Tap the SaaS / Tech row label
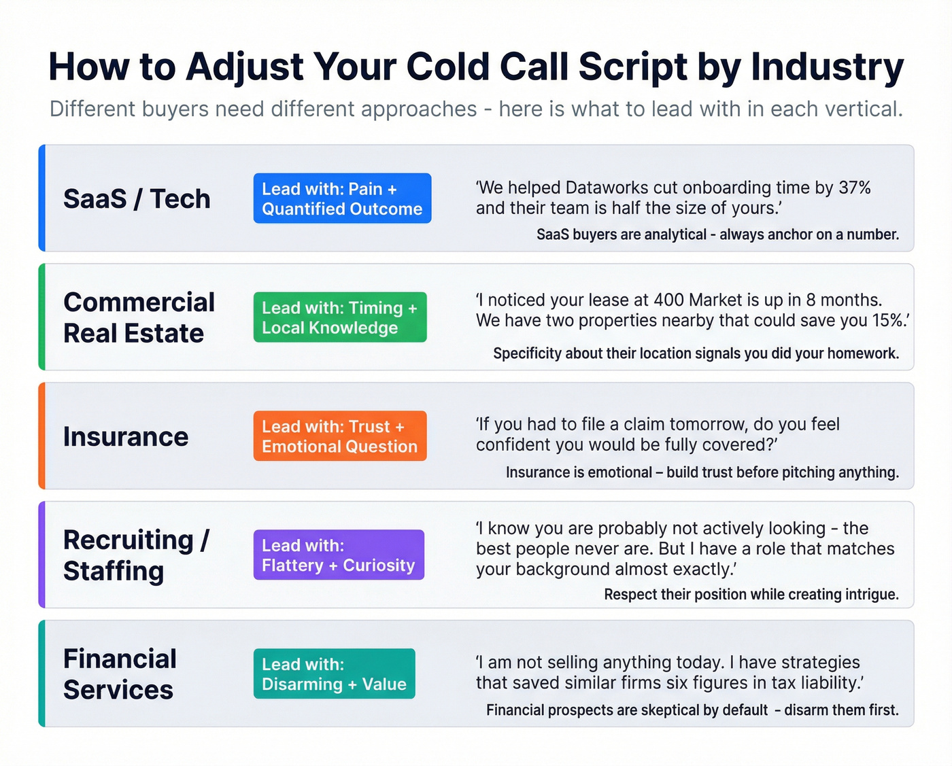(137, 198)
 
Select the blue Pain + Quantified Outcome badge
(342, 198)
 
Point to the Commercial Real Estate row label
(139, 317)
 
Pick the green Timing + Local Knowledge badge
(340, 317)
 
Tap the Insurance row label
(126, 436)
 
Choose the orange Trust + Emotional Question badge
(340, 436)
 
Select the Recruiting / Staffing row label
(136, 555)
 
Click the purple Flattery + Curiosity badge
(339, 555)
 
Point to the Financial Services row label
(120, 674)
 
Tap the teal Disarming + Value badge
(334, 674)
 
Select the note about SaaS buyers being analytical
(717, 234)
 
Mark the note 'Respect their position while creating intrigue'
(751, 595)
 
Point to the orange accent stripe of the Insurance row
(42, 436)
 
